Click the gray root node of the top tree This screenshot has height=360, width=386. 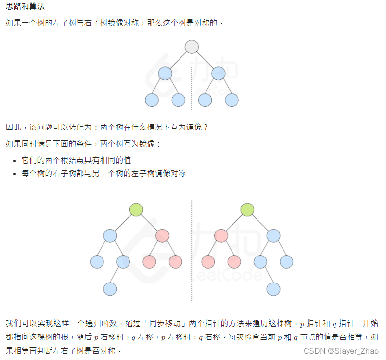tap(192, 47)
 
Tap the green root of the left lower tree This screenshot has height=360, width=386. tap(136, 210)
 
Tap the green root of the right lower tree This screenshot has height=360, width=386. tap(248, 210)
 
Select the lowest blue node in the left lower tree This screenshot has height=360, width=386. tap(110, 289)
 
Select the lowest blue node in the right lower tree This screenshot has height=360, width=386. tap(273, 289)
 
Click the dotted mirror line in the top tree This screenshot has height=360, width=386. tap(192, 88)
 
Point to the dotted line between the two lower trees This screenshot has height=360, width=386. tap(192, 250)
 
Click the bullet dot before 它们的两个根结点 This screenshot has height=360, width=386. tap(15, 161)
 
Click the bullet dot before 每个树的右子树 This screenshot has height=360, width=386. tap(15, 174)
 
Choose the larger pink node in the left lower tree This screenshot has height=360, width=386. tap(162, 236)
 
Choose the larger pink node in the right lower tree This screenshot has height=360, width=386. tap(221, 236)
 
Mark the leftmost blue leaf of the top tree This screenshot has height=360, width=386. tap(152, 100)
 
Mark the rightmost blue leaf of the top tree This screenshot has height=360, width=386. tap(232, 100)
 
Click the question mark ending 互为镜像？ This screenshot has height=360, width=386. tap(206, 127)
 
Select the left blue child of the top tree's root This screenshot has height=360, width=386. tap(165, 74)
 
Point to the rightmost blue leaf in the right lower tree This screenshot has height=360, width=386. tap(286, 262)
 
